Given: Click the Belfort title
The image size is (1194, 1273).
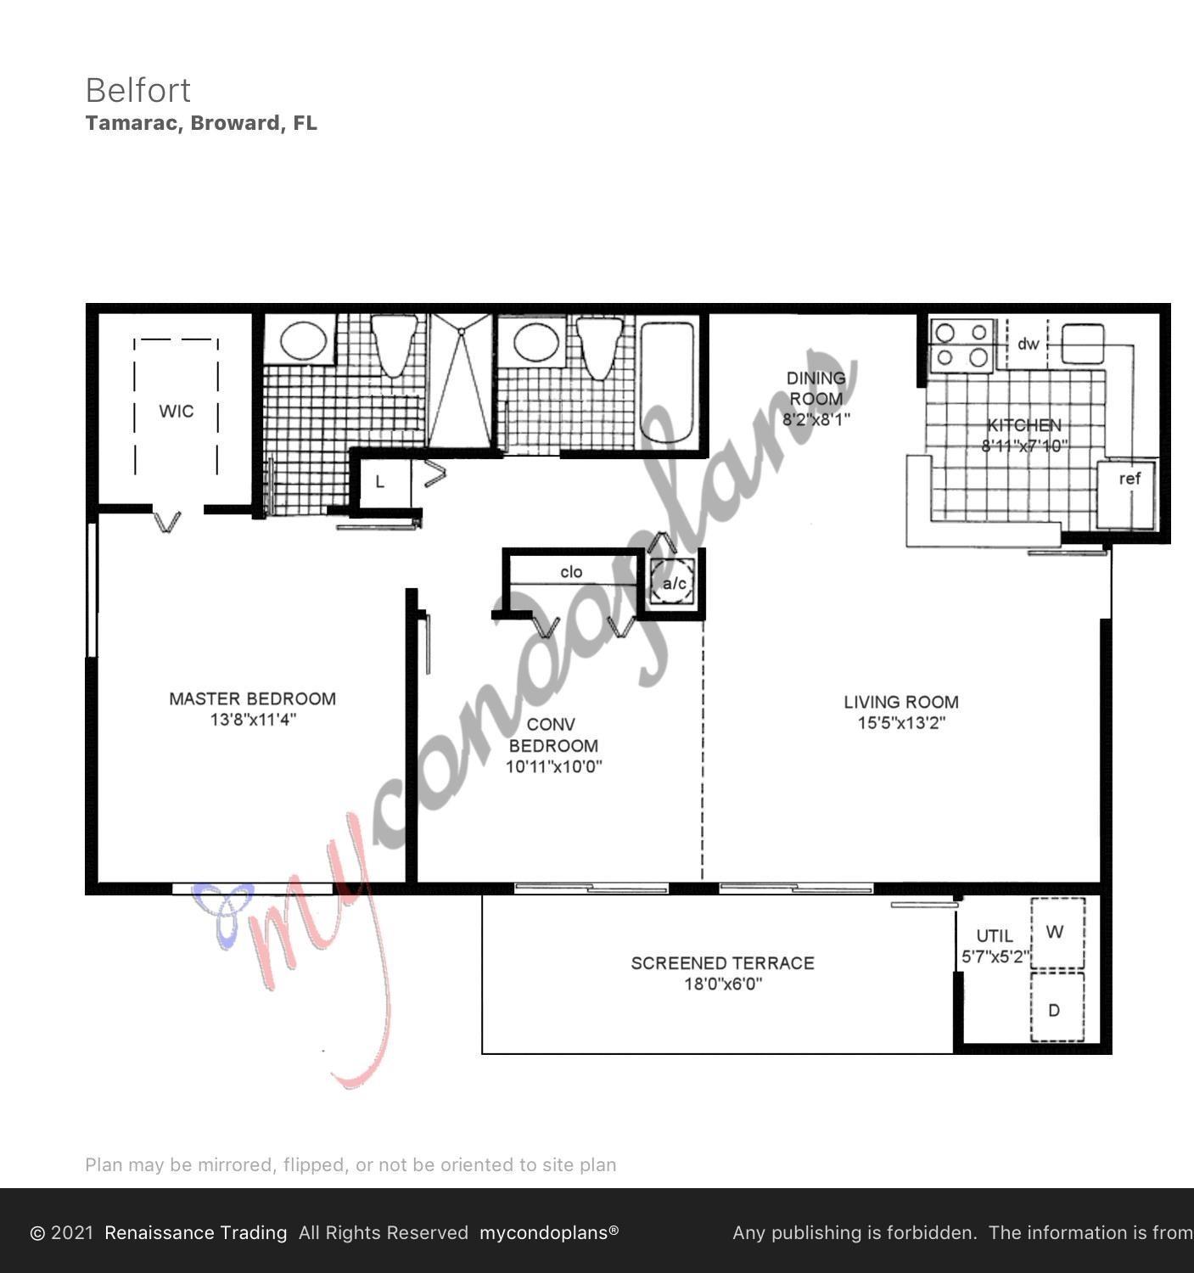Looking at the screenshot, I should click(x=138, y=90).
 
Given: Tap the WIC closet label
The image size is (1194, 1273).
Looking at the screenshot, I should click(x=177, y=412).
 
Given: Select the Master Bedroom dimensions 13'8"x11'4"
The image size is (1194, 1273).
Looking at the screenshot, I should click(x=253, y=721).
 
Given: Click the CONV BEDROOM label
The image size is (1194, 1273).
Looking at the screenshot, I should click(x=552, y=735).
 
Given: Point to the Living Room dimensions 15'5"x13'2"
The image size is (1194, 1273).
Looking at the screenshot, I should click(x=901, y=723).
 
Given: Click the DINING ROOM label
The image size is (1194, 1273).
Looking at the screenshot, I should click(x=816, y=389).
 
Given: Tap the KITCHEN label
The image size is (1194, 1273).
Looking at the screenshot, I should click(x=1023, y=425).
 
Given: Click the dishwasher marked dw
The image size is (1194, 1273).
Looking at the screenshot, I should click(x=1028, y=344).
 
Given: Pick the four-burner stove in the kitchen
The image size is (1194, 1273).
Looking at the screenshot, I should click(x=962, y=345).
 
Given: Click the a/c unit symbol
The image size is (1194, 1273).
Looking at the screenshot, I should click(x=675, y=583).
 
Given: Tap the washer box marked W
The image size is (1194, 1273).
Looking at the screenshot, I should click(x=1057, y=933).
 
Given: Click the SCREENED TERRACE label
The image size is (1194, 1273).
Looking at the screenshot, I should click(x=722, y=963).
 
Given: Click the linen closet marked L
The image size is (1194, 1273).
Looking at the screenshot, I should click(x=380, y=482).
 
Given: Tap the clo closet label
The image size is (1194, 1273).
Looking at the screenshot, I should click(x=571, y=572).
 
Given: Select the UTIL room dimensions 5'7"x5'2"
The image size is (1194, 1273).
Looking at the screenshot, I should click(x=995, y=957).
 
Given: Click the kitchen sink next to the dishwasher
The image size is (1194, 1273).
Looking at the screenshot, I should click(x=1082, y=343).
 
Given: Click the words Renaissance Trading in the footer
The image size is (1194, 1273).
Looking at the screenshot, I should click(x=195, y=1232).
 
